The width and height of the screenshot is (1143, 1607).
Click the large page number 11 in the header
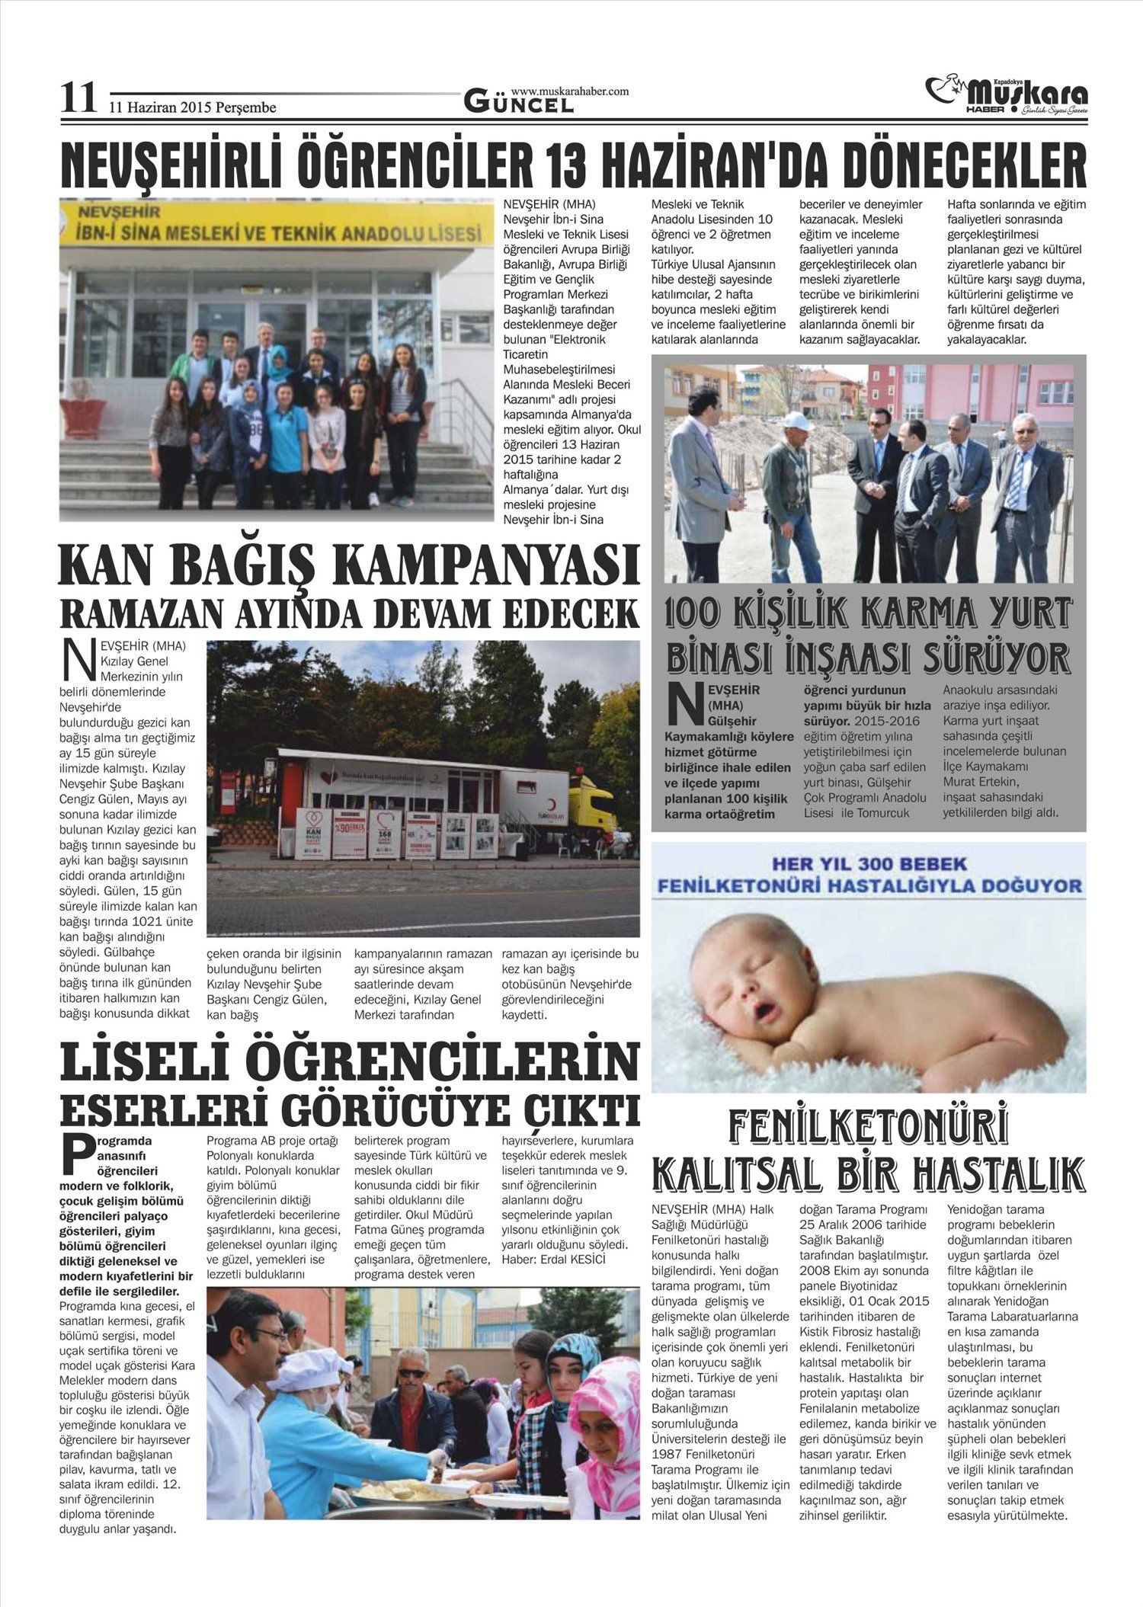point(78,99)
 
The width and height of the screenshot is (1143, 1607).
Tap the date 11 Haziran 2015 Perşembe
point(192,107)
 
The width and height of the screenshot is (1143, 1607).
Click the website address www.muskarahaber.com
point(570,91)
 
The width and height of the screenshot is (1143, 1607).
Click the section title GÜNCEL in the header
point(518,104)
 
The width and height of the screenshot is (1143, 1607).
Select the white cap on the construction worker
point(795,421)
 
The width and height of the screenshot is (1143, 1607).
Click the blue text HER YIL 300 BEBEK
point(869,865)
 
